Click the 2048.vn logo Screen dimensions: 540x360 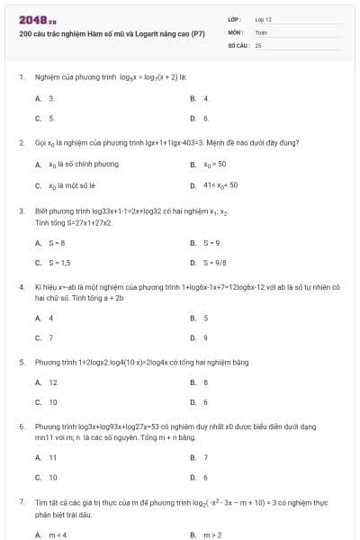37,18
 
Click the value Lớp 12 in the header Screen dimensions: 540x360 264,18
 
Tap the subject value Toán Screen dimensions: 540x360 261,31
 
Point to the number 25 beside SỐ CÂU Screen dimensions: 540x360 258,44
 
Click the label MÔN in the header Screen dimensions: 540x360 235,31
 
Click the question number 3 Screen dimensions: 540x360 21,211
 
